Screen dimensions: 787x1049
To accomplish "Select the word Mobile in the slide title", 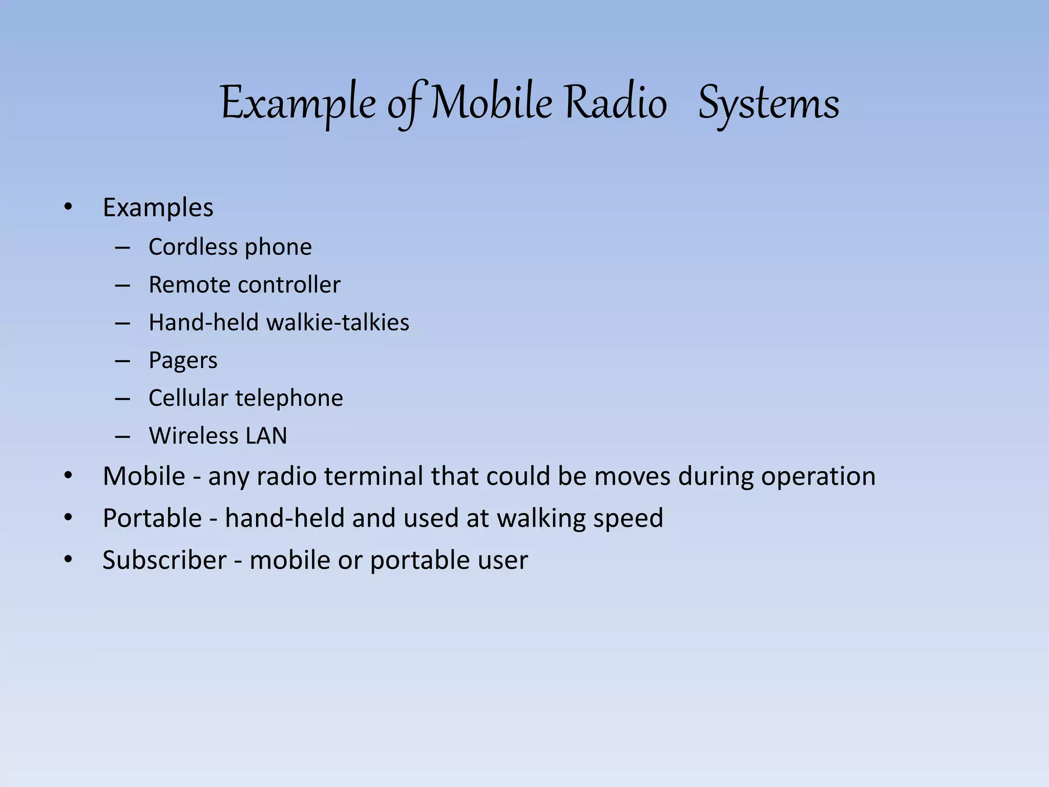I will pos(492,103).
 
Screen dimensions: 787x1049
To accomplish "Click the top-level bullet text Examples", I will pos(158,208).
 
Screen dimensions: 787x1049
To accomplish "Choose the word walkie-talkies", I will pos(338,323).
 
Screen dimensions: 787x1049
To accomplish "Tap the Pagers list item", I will pos(183,361).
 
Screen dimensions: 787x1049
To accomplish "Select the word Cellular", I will pos(188,398).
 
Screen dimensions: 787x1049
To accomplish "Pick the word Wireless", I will pos(193,436).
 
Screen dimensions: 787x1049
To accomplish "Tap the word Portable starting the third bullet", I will pos(152,518).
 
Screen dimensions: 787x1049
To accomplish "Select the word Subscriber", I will pos(164,560).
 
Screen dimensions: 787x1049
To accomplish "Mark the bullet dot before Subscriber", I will pos(68,560).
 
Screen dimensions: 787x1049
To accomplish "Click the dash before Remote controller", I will pos(122,285).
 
